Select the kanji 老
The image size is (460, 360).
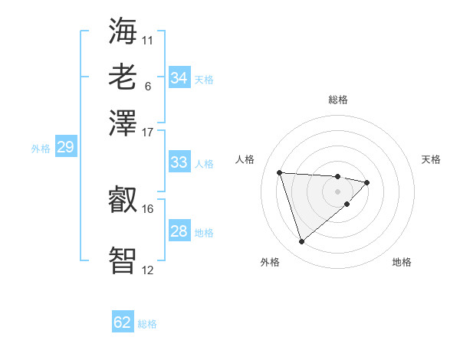123,77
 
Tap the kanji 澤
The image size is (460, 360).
123,123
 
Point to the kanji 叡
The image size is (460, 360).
123,201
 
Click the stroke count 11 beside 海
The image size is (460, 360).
148,40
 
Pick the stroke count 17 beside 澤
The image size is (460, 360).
148,132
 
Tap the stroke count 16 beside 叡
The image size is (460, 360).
148,208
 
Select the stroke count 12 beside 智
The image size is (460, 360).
148,270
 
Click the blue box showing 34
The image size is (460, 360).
179,78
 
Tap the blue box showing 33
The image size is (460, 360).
179,162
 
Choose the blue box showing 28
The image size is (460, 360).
179,231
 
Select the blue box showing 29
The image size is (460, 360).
65,147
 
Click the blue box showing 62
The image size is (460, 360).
123,322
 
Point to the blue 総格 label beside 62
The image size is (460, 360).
147,324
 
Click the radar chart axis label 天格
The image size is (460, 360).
432,159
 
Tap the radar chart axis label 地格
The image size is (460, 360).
402,262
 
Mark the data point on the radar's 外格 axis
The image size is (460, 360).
301,242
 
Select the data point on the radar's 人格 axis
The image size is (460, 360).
280,172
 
